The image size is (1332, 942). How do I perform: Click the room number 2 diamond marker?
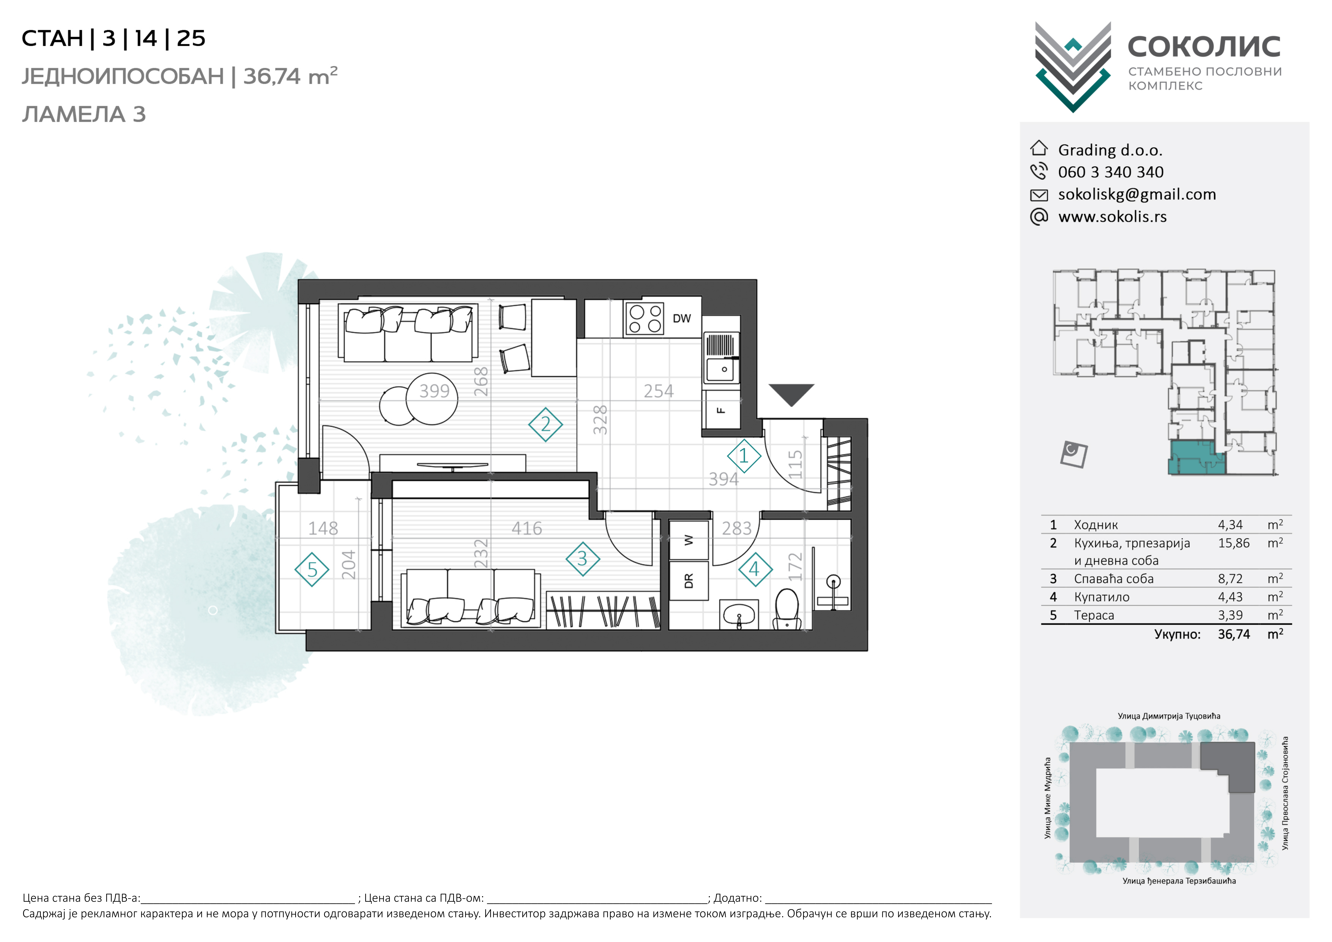click(545, 424)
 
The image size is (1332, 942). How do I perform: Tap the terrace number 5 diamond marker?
click(312, 569)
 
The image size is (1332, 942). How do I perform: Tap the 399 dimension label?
click(435, 391)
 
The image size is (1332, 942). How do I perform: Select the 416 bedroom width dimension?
click(527, 528)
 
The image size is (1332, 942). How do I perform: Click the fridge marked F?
click(721, 410)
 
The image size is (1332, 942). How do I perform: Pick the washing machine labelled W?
click(689, 540)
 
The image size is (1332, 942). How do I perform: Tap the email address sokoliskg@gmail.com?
click(1137, 194)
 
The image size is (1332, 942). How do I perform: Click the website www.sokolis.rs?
click(1112, 217)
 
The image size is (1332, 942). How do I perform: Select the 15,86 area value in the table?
click(1233, 543)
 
